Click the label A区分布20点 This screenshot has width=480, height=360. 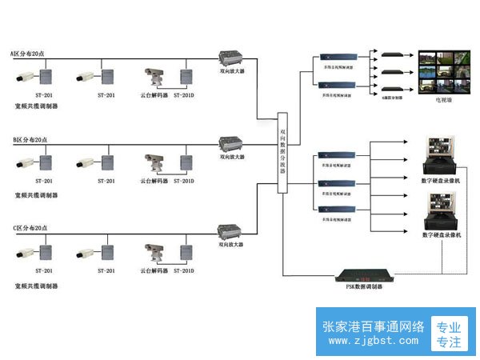pyautogui.click(x=29, y=54)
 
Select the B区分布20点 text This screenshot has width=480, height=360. pyautogui.click(x=30, y=140)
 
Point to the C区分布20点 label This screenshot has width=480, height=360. pyautogui.click(x=30, y=228)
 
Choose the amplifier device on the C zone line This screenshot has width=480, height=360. pyautogui.click(x=233, y=233)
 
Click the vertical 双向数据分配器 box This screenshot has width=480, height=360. pyautogui.click(x=282, y=152)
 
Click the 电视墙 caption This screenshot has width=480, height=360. pyautogui.click(x=442, y=101)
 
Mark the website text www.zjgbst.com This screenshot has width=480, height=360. pyautogui.click(x=373, y=341)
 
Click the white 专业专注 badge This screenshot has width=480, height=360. pyautogui.click(x=449, y=334)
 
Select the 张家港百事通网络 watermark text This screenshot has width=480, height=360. pyautogui.click(x=373, y=326)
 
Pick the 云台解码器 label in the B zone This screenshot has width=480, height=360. pyautogui.click(x=154, y=181)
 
